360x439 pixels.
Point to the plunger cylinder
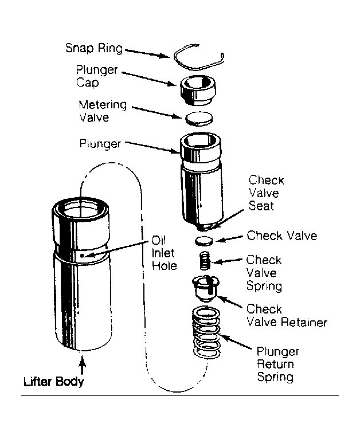[201, 178]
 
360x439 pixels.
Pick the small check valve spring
[205, 261]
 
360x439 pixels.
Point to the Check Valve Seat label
[266, 193]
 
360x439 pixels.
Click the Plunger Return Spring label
[277, 364]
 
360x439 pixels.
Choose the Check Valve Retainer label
[285, 315]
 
